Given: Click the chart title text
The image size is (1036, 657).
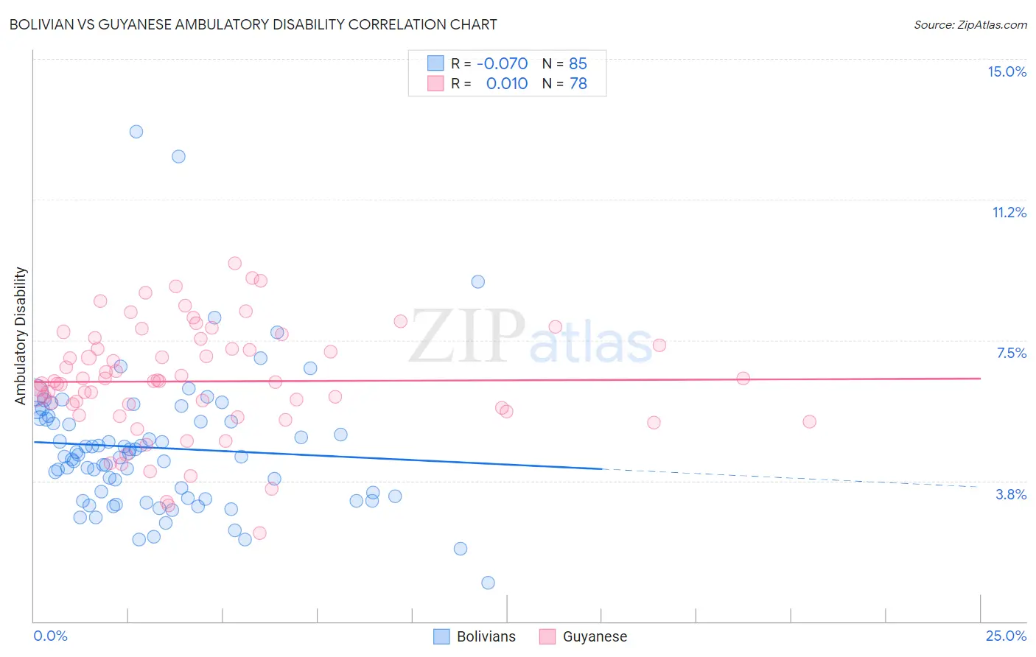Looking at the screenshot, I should [253, 24].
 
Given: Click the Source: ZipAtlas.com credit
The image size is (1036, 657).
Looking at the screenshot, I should [970, 24].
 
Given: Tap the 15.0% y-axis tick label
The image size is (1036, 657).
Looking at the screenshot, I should [1007, 71].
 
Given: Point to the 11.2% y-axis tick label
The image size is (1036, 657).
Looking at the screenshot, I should [1009, 212].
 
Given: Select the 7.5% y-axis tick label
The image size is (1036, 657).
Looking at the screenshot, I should [1011, 353].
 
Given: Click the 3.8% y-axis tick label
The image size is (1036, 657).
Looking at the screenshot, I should [1011, 494].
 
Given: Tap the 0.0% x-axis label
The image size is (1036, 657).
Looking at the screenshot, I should [50, 636].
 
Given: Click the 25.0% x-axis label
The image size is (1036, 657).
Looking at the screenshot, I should [1006, 636].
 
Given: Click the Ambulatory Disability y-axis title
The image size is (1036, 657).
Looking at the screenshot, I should [21, 335].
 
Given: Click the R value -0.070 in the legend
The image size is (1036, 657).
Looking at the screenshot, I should [502, 63].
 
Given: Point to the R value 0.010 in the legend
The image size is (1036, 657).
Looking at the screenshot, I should [506, 83].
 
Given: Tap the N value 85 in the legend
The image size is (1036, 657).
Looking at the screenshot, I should [578, 63].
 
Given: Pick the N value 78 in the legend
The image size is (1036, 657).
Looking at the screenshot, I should [578, 83].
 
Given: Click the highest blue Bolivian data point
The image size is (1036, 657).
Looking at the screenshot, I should [136, 132].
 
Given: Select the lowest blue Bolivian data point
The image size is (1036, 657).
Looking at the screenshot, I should [488, 583].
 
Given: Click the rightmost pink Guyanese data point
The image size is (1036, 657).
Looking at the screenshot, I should [809, 422].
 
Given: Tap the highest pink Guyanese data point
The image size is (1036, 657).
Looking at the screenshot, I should [235, 263].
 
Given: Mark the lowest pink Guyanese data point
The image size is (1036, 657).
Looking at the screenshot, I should [259, 533].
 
